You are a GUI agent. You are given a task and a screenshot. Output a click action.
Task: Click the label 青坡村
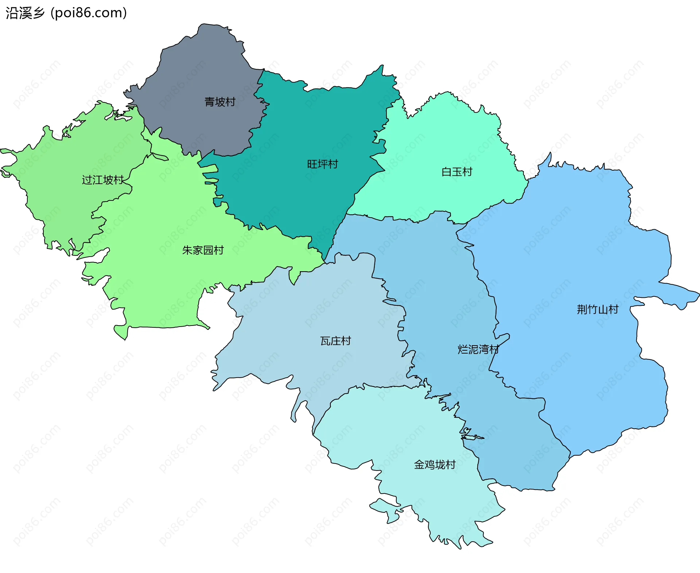220,102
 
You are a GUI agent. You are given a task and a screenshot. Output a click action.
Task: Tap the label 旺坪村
322,164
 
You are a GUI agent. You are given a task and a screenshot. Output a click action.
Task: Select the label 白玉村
456,172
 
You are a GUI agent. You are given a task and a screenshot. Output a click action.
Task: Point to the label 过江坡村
103,180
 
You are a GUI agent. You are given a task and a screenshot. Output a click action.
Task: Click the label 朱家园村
203,250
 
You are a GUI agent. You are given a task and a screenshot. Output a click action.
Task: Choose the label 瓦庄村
335,341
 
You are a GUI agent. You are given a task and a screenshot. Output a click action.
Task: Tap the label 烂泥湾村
478,349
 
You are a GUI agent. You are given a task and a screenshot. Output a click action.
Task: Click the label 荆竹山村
598,309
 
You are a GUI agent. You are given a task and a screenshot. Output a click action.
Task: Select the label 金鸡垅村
435,464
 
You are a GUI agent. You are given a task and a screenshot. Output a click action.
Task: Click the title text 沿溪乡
25,13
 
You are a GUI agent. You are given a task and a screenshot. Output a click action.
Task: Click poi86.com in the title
89,13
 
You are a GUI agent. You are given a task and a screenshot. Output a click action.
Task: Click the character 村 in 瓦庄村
346,341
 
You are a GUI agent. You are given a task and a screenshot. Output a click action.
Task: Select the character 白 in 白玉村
446,172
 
